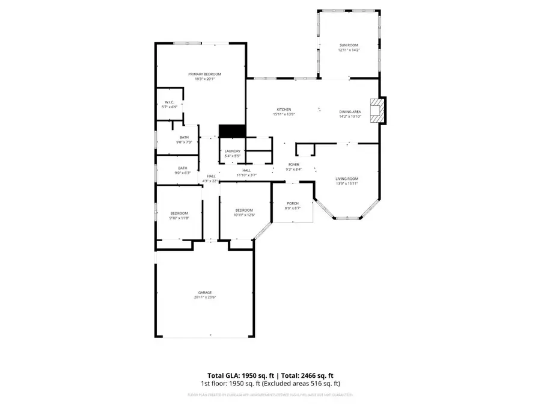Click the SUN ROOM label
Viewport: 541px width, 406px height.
tap(348, 45)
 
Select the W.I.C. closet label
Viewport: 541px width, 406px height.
tap(170, 102)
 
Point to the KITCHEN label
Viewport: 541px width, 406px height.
tap(284, 109)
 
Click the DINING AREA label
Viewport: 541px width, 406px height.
tap(350, 112)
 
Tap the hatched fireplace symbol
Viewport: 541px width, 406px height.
tap(376, 111)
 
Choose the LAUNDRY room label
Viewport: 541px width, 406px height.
tap(233, 151)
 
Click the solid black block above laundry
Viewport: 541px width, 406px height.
tap(232, 131)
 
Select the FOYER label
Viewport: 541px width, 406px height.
tap(294, 164)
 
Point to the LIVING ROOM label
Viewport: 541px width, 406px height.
tap(347, 179)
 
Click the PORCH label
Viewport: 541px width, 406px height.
tap(292, 203)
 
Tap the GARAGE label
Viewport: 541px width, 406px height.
tap(205, 292)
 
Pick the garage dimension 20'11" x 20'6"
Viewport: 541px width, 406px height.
tap(205, 297)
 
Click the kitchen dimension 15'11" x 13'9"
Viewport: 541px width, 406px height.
tap(284, 114)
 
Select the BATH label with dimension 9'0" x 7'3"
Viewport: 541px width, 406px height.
tap(183, 137)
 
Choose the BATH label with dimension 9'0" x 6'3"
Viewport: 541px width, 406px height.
tap(182, 168)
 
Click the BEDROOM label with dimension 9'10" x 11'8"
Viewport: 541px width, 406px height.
tap(179, 213)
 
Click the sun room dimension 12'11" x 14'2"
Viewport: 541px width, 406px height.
tap(348, 50)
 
